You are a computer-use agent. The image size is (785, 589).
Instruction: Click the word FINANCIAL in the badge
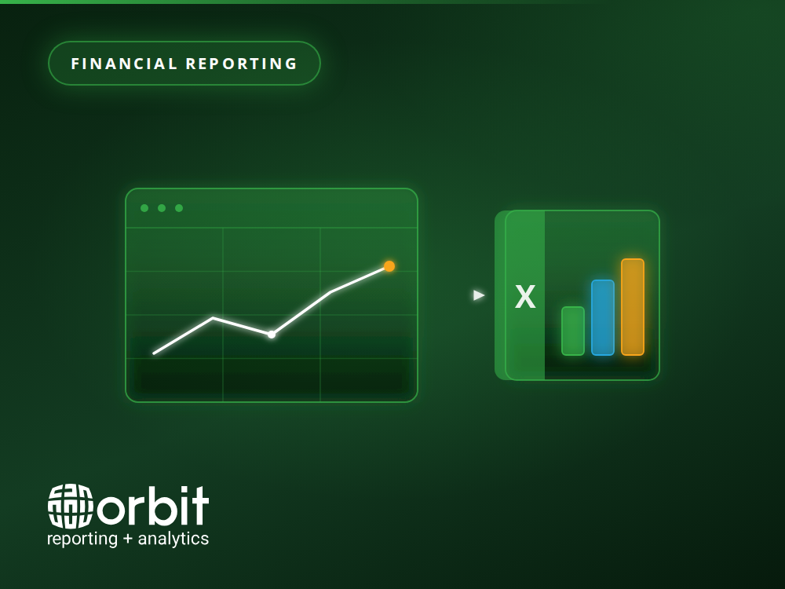pyautogui.click(x=124, y=64)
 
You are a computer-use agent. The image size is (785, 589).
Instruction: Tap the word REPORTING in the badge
pyautogui.click(x=242, y=64)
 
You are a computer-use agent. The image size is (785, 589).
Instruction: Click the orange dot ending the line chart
pyautogui.click(x=389, y=266)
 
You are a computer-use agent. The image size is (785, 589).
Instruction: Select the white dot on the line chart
pyautogui.click(x=272, y=335)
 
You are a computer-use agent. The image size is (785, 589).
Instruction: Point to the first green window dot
pyautogui.click(x=144, y=208)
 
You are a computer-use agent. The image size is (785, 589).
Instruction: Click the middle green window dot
pyautogui.click(x=162, y=208)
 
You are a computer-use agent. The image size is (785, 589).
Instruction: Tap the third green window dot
pyautogui.click(x=179, y=208)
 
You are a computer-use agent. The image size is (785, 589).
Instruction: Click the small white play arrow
pyautogui.click(x=479, y=295)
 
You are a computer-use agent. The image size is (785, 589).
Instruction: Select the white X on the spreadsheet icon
pyautogui.click(x=525, y=297)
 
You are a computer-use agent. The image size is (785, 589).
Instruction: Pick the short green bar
pyautogui.click(x=573, y=331)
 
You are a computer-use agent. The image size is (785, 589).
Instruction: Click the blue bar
pyautogui.click(x=603, y=317)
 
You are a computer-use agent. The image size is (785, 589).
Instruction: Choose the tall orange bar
pyautogui.click(x=633, y=307)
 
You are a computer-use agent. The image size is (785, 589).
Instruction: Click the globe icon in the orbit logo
pyautogui.click(x=71, y=506)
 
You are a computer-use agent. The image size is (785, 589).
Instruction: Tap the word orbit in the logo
pyautogui.click(x=153, y=506)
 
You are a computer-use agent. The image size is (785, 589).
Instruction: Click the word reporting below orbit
pyautogui.click(x=82, y=539)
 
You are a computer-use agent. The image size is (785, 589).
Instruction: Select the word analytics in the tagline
pyautogui.click(x=173, y=539)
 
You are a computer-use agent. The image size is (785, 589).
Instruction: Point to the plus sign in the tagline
pyautogui.click(x=128, y=539)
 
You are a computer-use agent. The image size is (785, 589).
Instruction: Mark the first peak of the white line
pyautogui.click(x=213, y=317)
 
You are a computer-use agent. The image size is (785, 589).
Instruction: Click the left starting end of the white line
pyautogui.click(x=154, y=353)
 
